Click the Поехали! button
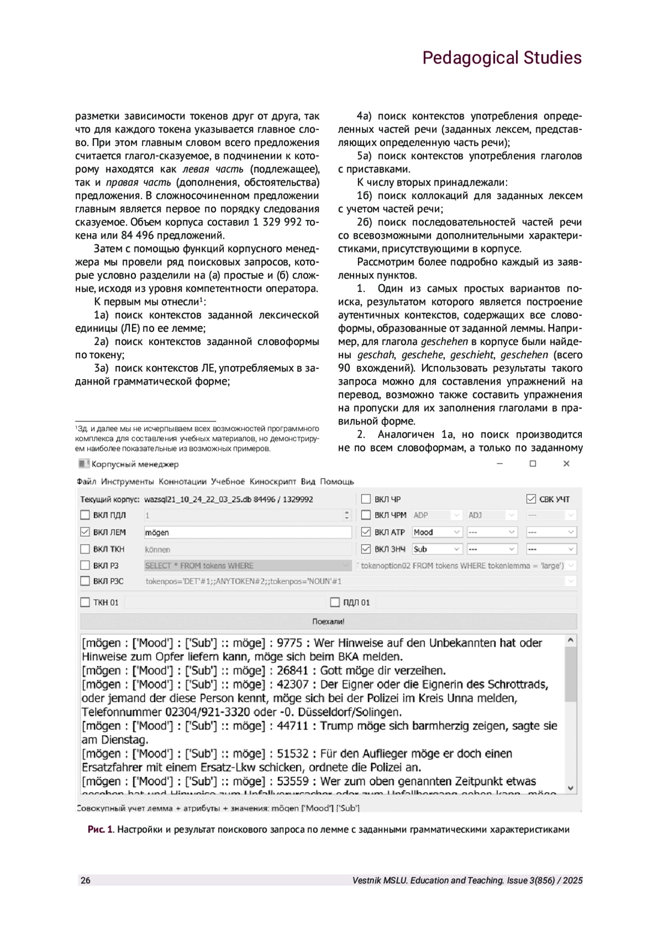[x=328, y=622]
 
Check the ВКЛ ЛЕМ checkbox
[x=85, y=532]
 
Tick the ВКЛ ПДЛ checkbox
[x=85, y=515]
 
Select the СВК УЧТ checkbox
[x=531, y=499]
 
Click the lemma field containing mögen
[x=247, y=532]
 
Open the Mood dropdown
[x=437, y=532]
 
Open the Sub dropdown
[x=437, y=549]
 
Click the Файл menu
[x=87, y=482]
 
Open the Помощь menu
[x=337, y=482]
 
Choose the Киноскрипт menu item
[x=273, y=482]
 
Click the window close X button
[x=566, y=464]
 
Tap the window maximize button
[x=532, y=464]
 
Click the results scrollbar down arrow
[x=571, y=788]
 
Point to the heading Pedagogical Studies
[x=502, y=58]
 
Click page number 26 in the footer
[x=86, y=881]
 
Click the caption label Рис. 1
[x=100, y=830]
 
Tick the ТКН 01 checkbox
[x=85, y=602]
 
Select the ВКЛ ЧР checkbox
[x=366, y=499]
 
